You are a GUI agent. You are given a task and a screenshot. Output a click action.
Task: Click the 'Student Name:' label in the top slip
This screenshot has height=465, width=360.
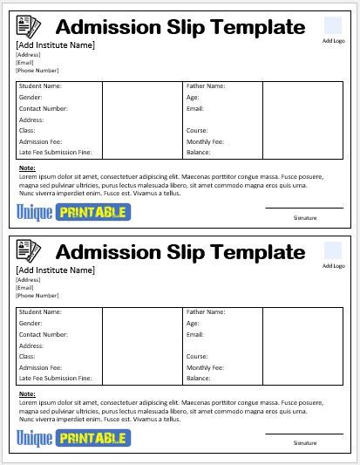pyautogui.click(x=40, y=86)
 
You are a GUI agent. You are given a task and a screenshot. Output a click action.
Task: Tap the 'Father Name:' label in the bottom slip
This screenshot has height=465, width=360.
pyautogui.click(x=206, y=311)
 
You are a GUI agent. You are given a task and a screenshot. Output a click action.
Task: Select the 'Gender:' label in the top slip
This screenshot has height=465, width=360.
pyautogui.click(x=31, y=98)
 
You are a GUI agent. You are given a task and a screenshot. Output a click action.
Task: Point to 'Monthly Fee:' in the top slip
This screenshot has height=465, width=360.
pyautogui.click(x=205, y=141)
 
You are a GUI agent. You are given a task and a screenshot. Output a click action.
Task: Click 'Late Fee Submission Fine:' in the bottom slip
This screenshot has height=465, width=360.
pyautogui.click(x=55, y=378)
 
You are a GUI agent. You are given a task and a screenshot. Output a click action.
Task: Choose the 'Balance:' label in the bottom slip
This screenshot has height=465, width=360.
pyautogui.click(x=199, y=378)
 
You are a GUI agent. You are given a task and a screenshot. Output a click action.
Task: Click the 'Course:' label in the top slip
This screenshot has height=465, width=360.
pyautogui.click(x=197, y=130)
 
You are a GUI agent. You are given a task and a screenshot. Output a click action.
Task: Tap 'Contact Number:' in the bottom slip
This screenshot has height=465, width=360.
pyautogui.click(x=43, y=334)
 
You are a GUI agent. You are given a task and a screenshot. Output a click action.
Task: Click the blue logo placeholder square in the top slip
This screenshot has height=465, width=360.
pyautogui.click(x=333, y=25)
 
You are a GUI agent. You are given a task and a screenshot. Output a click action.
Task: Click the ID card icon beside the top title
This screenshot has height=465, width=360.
pyautogui.click(x=29, y=29)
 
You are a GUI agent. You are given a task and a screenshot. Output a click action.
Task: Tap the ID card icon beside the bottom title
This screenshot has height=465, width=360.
pyautogui.click(x=29, y=253)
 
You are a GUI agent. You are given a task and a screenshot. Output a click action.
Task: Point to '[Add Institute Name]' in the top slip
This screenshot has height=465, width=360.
pyautogui.click(x=56, y=45)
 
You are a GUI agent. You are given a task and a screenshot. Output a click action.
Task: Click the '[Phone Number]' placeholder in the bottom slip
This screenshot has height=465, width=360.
pyautogui.click(x=37, y=295)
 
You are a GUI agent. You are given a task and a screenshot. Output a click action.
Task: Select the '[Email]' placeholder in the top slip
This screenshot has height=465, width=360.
pyautogui.click(x=25, y=62)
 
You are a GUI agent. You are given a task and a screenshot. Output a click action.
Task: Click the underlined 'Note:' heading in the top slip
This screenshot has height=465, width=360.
pyautogui.click(x=27, y=168)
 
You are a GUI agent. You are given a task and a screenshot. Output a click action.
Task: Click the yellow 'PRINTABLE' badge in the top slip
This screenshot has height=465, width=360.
pyautogui.click(x=92, y=211)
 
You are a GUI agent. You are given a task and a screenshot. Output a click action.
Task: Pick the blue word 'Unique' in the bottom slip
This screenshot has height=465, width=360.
pyautogui.click(x=34, y=437)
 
